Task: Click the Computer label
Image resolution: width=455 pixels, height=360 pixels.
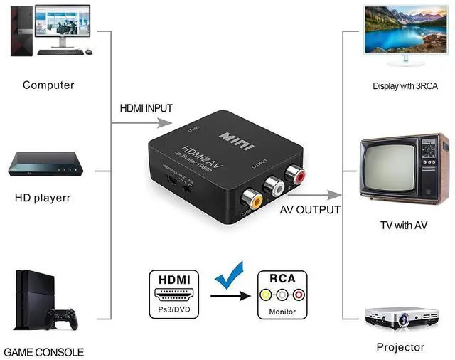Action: point(48,85)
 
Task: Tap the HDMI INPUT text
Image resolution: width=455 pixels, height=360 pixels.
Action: point(145,107)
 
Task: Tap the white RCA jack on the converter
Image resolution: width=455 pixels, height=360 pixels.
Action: point(274,186)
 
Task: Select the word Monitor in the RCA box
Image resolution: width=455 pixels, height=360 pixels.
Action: point(282,312)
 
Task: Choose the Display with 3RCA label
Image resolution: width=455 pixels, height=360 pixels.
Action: point(405,86)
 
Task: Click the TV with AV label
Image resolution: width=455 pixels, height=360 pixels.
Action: point(404,226)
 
